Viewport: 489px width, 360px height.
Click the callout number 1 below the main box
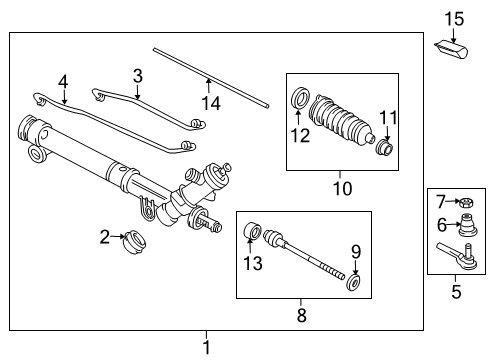tap(207, 347)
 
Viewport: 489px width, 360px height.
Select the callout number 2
tap(105, 236)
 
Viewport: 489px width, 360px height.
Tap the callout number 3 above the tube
tap(139, 74)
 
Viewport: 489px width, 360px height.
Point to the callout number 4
tap(63, 81)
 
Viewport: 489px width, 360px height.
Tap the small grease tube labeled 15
tap(452, 46)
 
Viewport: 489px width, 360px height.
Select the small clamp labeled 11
tap(383, 151)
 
